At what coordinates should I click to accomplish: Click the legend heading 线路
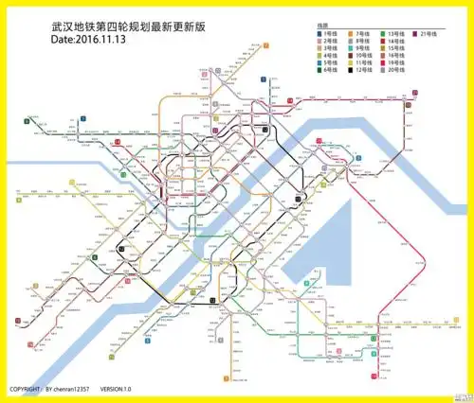pos(323,26)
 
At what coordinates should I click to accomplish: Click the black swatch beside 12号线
pos(351,70)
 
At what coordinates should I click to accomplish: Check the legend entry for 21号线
pos(429,34)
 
